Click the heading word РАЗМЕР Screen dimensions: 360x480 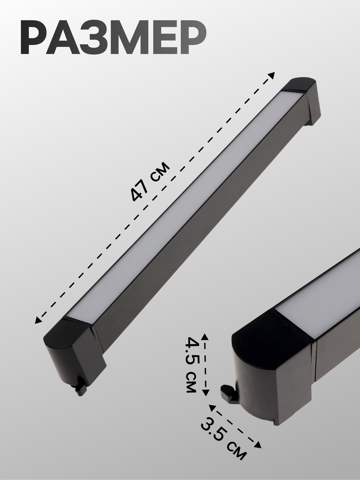pos(113,38)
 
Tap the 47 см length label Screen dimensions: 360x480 pos(150,182)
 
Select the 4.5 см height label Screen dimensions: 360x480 pos(192,365)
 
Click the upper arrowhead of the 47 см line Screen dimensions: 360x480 pos(272,75)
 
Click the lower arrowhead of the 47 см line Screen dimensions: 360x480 pos(38,320)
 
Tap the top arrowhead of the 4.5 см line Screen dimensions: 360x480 pos(205,337)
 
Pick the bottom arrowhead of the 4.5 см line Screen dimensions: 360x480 pos(206,393)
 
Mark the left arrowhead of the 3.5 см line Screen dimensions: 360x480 pos(212,408)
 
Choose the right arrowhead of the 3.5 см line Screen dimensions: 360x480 pos(258,445)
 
